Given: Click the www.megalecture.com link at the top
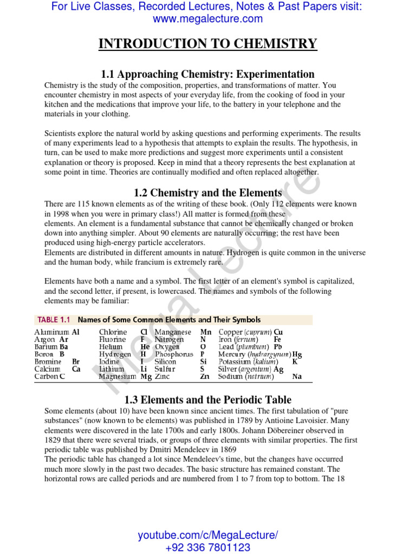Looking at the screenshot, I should point(207,19).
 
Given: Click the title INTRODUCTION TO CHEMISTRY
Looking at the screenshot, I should point(207,44).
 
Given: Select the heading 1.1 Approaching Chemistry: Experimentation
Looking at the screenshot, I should point(207,74).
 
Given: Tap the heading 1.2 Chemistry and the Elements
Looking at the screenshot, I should point(207,193).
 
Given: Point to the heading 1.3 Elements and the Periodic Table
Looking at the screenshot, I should point(207,400).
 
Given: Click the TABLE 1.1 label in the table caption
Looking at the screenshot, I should point(55,320).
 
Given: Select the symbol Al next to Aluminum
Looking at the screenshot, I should point(76,332).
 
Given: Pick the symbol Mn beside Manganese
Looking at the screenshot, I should point(206,332).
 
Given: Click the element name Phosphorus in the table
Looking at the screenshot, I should point(174,354).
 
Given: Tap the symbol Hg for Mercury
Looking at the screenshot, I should point(297,354).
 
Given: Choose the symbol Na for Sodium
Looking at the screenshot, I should point(297,377).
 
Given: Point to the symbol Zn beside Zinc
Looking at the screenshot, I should point(204,377).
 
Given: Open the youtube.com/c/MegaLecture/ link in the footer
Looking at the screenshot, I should point(207,536).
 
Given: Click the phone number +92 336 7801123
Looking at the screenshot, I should point(207,548).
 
